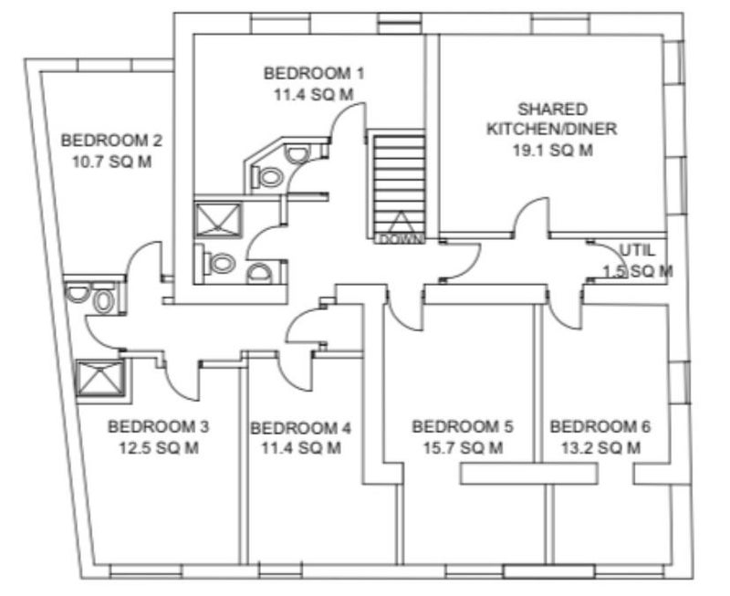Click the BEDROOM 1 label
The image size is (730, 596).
[314, 74]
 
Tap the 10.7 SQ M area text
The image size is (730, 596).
[111, 162]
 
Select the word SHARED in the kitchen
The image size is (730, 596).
[553, 110]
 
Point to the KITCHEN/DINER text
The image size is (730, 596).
[552, 129]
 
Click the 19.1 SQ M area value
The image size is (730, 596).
[553, 151]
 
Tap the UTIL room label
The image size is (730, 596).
[637, 250]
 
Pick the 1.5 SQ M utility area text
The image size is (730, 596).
[638, 271]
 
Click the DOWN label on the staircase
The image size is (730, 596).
[401, 240]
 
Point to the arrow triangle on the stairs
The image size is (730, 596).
[400, 224]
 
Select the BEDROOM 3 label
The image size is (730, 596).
[158, 426]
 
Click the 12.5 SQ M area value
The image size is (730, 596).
[159, 448]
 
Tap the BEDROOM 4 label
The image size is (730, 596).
[301, 428]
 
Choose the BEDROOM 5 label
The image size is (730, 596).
[463, 426]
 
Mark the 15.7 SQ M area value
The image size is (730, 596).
[463, 448]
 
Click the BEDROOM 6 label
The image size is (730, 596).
[600, 426]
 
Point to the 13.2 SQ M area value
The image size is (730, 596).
[600, 448]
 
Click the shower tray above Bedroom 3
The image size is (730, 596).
[100, 378]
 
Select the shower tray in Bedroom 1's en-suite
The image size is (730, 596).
[218, 220]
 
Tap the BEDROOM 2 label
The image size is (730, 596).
[111, 141]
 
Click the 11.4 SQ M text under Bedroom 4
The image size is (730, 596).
[301, 448]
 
